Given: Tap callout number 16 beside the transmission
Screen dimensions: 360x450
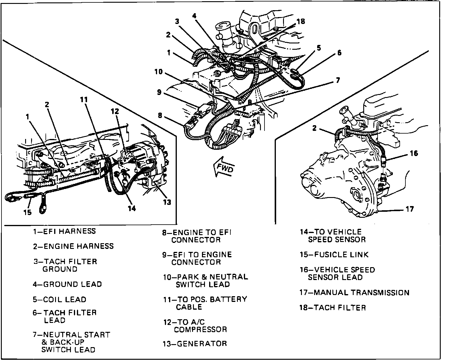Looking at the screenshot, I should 414,153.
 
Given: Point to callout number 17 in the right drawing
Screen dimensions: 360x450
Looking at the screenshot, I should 409,209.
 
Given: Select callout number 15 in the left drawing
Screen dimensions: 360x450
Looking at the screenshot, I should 28,212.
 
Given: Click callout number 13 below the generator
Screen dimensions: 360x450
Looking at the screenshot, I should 167,202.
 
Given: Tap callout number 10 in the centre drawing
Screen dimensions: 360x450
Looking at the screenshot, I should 159,72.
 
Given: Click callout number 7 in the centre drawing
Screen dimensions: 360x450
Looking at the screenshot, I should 338,80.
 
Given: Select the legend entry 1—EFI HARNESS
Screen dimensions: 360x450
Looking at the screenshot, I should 64,231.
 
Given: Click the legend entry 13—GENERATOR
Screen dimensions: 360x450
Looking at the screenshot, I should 194,344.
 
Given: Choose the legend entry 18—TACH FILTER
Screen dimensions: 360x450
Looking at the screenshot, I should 333,308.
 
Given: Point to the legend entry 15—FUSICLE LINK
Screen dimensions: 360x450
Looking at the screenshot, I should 334,255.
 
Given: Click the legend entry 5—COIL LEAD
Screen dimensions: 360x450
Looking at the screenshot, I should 60,300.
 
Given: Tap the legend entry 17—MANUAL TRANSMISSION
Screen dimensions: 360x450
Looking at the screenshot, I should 354,292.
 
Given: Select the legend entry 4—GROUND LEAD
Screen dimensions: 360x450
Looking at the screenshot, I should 67,284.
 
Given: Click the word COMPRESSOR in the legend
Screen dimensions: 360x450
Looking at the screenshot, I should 200,329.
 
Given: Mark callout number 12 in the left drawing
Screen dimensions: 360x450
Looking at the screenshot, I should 115,111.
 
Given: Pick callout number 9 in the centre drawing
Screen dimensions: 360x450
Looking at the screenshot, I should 159,92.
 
